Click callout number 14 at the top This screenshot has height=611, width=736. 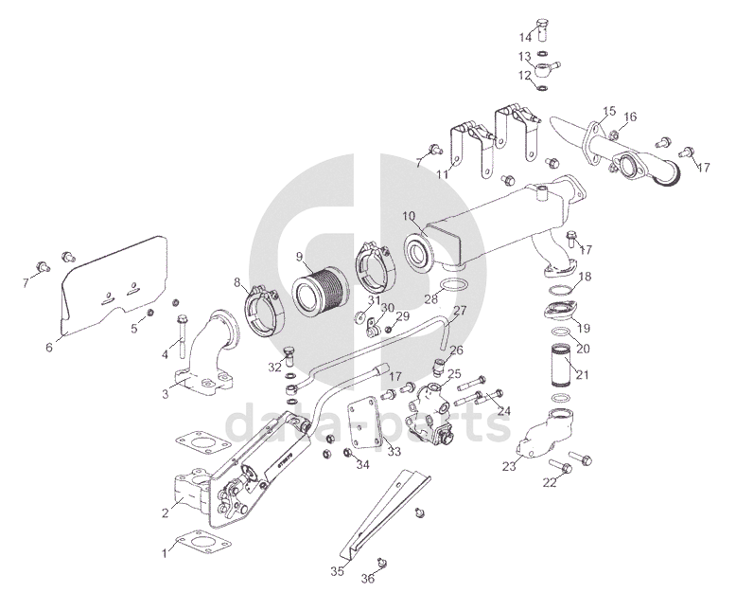click(x=526, y=37)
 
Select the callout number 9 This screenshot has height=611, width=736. click(x=299, y=256)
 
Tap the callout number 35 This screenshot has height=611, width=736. click(x=338, y=571)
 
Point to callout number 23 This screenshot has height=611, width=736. click(x=510, y=465)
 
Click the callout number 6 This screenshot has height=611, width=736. click(x=48, y=347)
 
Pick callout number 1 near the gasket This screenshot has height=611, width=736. click(x=166, y=550)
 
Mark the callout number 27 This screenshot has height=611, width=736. click(x=460, y=311)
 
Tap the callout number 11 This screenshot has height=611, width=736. click(x=442, y=173)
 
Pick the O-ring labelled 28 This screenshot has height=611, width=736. click(x=454, y=287)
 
